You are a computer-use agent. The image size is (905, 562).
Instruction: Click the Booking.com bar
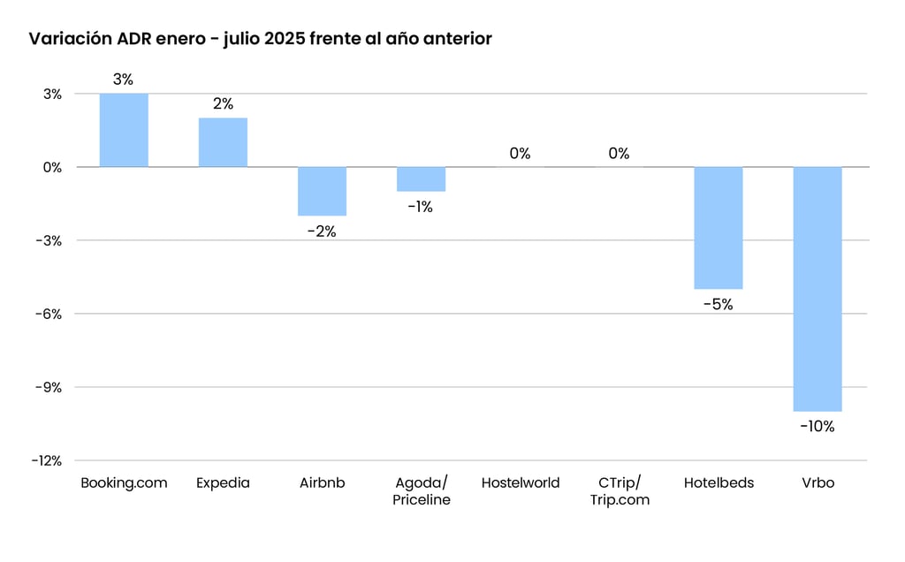(124, 130)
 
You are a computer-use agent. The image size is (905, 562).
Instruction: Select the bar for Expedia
(223, 142)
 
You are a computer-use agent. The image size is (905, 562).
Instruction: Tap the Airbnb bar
(322, 191)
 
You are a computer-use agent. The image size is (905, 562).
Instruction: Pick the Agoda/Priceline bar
(421, 179)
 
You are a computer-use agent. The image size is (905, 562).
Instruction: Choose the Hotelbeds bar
(718, 228)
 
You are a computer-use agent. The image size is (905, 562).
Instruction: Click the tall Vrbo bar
(818, 289)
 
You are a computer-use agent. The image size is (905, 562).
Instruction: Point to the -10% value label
(818, 426)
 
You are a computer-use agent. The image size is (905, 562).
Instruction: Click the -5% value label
(718, 305)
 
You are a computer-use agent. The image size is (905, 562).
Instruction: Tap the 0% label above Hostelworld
(520, 154)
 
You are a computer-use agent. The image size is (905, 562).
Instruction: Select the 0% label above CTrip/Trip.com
(619, 154)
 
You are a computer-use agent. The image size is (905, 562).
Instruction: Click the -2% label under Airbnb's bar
(322, 232)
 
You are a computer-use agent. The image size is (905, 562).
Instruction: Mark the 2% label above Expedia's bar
(223, 104)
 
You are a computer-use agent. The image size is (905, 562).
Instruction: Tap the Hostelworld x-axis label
(521, 483)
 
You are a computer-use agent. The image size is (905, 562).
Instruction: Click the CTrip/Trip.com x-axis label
(620, 491)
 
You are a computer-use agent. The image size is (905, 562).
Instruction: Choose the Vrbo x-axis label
(818, 483)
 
